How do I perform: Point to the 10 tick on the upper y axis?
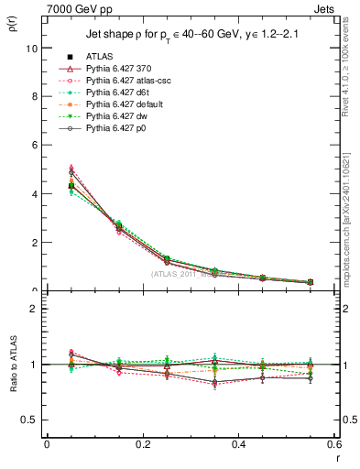32,48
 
